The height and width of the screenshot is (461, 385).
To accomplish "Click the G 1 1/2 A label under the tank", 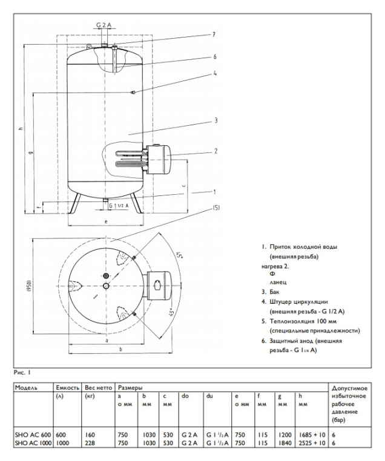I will (x=119, y=206).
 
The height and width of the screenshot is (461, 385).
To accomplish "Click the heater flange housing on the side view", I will (x=159, y=155).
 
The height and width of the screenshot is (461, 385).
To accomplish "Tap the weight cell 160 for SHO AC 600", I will (x=89, y=435).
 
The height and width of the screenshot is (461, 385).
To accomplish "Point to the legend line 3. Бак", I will (x=272, y=292).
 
